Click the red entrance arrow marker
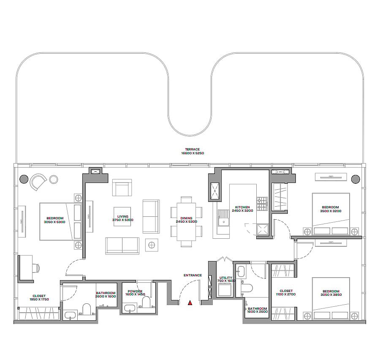[x=190, y=303]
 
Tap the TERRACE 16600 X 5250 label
[x=193, y=151]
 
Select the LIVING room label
[x=122, y=218]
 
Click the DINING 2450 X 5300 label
[x=186, y=220]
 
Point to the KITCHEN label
[x=242, y=209]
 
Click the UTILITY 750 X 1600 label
[x=226, y=279]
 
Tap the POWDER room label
[x=135, y=293]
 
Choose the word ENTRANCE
[x=193, y=275]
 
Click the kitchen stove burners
[x=262, y=204]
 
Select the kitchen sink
[x=223, y=218]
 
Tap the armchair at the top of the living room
[x=122, y=188]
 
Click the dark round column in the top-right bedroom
[x=356, y=179]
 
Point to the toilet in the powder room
[x=147, y=302]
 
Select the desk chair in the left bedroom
[x=37, y=268]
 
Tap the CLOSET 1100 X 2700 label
[x=286, y=292]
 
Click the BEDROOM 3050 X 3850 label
[x=331, y=293]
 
